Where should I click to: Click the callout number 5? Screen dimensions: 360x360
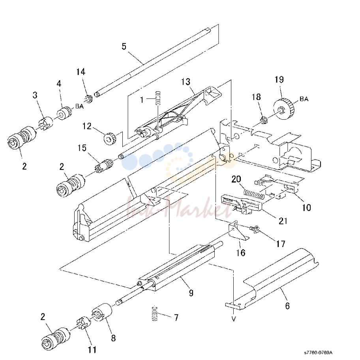(x=124, y=47)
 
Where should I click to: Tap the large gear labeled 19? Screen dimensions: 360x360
(x=284, y=109)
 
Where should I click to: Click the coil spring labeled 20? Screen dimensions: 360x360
(x=253, y=194)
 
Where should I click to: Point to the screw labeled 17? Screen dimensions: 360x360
(x=255, y=229)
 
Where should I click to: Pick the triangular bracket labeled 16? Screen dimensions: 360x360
(x=238, y=231)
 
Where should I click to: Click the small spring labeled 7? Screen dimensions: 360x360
(x=155, y=313)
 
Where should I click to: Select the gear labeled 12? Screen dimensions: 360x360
(x=110, y=139)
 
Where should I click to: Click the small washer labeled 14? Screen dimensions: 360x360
(x=88, y=99)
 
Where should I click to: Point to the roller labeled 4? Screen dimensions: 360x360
(x=64, y=113)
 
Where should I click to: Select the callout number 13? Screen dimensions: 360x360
(x=186, y=82)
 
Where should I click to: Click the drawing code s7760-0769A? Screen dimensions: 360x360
(x=318, y=352)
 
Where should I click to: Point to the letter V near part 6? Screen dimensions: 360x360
(x=234, y=319)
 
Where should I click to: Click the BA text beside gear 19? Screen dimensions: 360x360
(x=304, y=99)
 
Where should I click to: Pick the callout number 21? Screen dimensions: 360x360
(x=283, y=221)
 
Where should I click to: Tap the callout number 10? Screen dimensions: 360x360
(x=306, y=207)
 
